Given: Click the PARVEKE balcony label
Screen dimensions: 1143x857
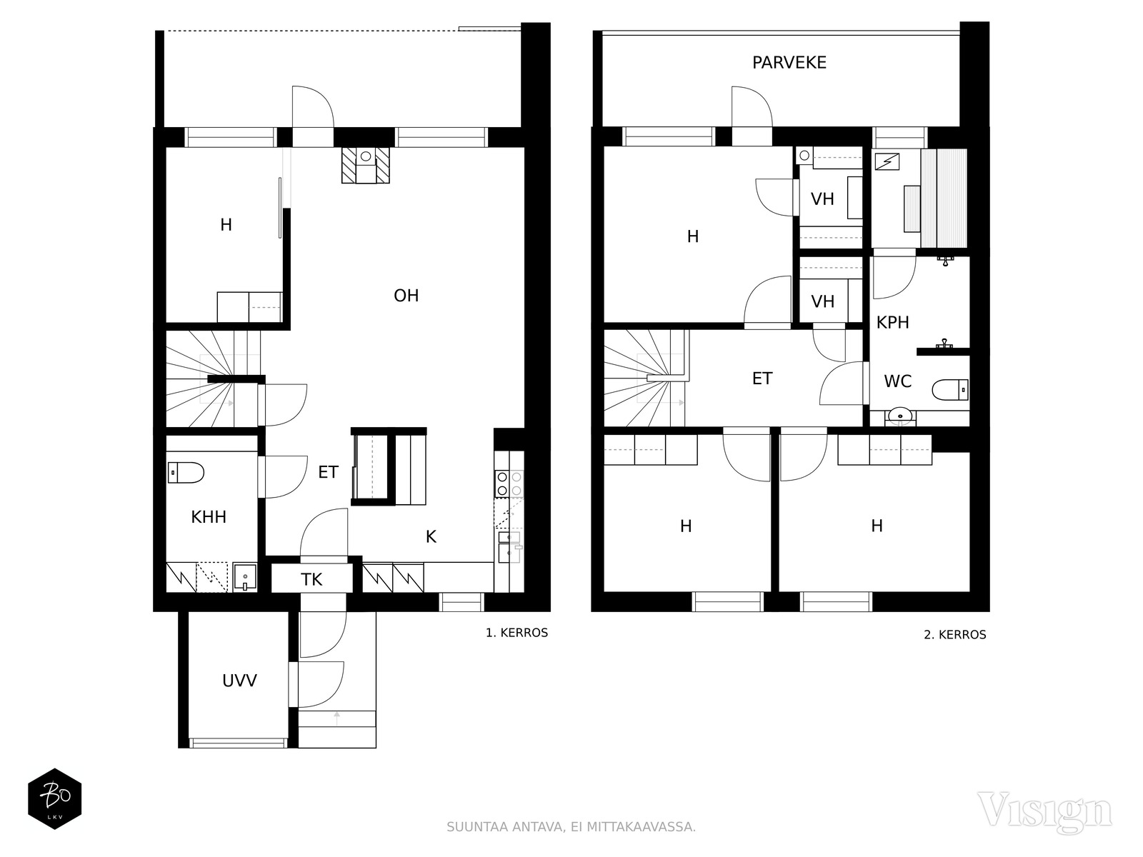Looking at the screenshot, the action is click(789, 63).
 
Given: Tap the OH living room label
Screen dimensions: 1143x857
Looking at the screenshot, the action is click(406, 296).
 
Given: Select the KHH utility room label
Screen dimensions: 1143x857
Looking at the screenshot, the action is click(209, 516).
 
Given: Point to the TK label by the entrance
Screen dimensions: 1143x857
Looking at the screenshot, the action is click(311, 579).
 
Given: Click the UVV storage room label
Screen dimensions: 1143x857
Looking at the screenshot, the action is click(239, 681).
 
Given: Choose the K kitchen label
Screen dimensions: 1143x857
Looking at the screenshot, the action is click(431, 536).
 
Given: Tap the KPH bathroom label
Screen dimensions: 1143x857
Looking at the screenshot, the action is click(892, 323).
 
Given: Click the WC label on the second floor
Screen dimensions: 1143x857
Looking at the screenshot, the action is click(898, 381).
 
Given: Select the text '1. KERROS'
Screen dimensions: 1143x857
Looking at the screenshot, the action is click(516, 633).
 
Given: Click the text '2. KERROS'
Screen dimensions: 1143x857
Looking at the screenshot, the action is click(955, 635).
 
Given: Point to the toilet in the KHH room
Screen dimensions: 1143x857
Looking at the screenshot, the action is click(185, 473).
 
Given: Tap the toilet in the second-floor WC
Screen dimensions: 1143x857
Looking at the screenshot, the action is click(950, 390).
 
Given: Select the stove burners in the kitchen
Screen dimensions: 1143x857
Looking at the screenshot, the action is click(509, 483).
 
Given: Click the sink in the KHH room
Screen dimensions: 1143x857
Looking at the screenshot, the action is click(245, 577).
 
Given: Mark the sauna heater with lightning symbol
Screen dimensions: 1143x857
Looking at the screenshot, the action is click(887, 162).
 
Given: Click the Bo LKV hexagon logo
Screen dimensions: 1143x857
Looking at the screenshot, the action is click(55, 798).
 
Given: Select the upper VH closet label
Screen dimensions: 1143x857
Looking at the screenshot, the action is click(822, 199).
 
